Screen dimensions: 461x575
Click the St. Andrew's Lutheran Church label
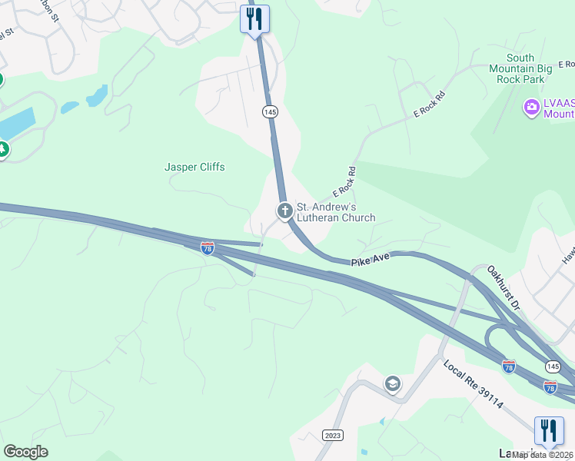tap(336, 212)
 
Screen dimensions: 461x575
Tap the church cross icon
tap(284, 211)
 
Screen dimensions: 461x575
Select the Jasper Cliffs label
tap(194, 167)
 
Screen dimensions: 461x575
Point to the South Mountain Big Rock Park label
tap(520, 68)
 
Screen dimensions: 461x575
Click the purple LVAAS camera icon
tap(531, 108)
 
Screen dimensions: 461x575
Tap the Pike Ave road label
tap(371, 260)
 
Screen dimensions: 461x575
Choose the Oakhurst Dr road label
tap(504, 288)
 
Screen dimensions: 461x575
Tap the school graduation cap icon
tap(393, 384)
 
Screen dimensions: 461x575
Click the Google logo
tap(25, 452)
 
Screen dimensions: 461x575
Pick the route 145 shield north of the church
tap(269, 112)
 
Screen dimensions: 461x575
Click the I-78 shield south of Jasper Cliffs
tap(207, 247)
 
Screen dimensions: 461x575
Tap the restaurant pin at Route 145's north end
tap(254, 18)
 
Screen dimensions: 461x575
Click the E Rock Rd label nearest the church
tap(344, 182)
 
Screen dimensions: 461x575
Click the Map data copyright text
tap(543, 455)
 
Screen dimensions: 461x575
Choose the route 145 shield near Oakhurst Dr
tap(552, 366)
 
